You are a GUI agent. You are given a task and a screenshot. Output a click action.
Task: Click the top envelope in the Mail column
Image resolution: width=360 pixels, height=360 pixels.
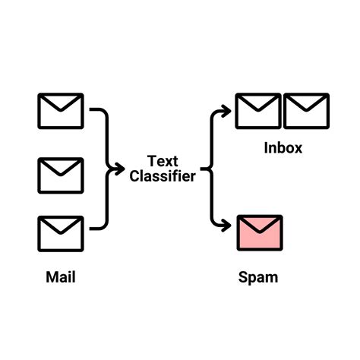[60, 111]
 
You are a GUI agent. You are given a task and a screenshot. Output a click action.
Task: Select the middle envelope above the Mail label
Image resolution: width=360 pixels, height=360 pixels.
[60, 175]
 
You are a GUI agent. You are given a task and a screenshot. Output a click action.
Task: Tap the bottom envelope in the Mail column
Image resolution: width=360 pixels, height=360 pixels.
[60, 234]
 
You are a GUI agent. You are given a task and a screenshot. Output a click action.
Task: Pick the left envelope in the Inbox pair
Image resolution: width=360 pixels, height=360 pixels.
[257, 111]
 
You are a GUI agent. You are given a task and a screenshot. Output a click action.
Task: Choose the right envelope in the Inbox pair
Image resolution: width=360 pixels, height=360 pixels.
[306, 111]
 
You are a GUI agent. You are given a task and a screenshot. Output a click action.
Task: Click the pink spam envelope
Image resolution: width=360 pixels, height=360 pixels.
[260, 233]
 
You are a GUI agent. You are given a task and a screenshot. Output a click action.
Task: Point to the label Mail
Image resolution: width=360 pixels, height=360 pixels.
[61, 277]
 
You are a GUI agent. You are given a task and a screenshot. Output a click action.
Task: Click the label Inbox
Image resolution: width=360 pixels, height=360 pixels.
[283, 148]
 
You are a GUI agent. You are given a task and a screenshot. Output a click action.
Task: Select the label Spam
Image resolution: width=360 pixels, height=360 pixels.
[259, 277]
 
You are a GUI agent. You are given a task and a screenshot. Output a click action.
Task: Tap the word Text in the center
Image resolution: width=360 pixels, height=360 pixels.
[163, 161]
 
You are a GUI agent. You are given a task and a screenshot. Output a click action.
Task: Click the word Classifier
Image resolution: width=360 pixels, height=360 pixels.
[163, 176]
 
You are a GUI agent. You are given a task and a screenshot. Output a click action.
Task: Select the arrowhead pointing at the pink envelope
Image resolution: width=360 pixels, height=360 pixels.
[226, 226]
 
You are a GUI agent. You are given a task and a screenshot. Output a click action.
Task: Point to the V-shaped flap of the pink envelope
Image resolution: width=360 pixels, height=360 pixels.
[260, 226]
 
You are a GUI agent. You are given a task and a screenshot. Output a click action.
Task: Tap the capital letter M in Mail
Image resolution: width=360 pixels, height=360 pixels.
[51, 277]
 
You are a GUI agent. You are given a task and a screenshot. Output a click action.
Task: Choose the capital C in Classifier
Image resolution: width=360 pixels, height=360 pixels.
[135, 176]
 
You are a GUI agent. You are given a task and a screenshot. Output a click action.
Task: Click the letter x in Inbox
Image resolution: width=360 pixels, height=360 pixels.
[297, 149]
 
